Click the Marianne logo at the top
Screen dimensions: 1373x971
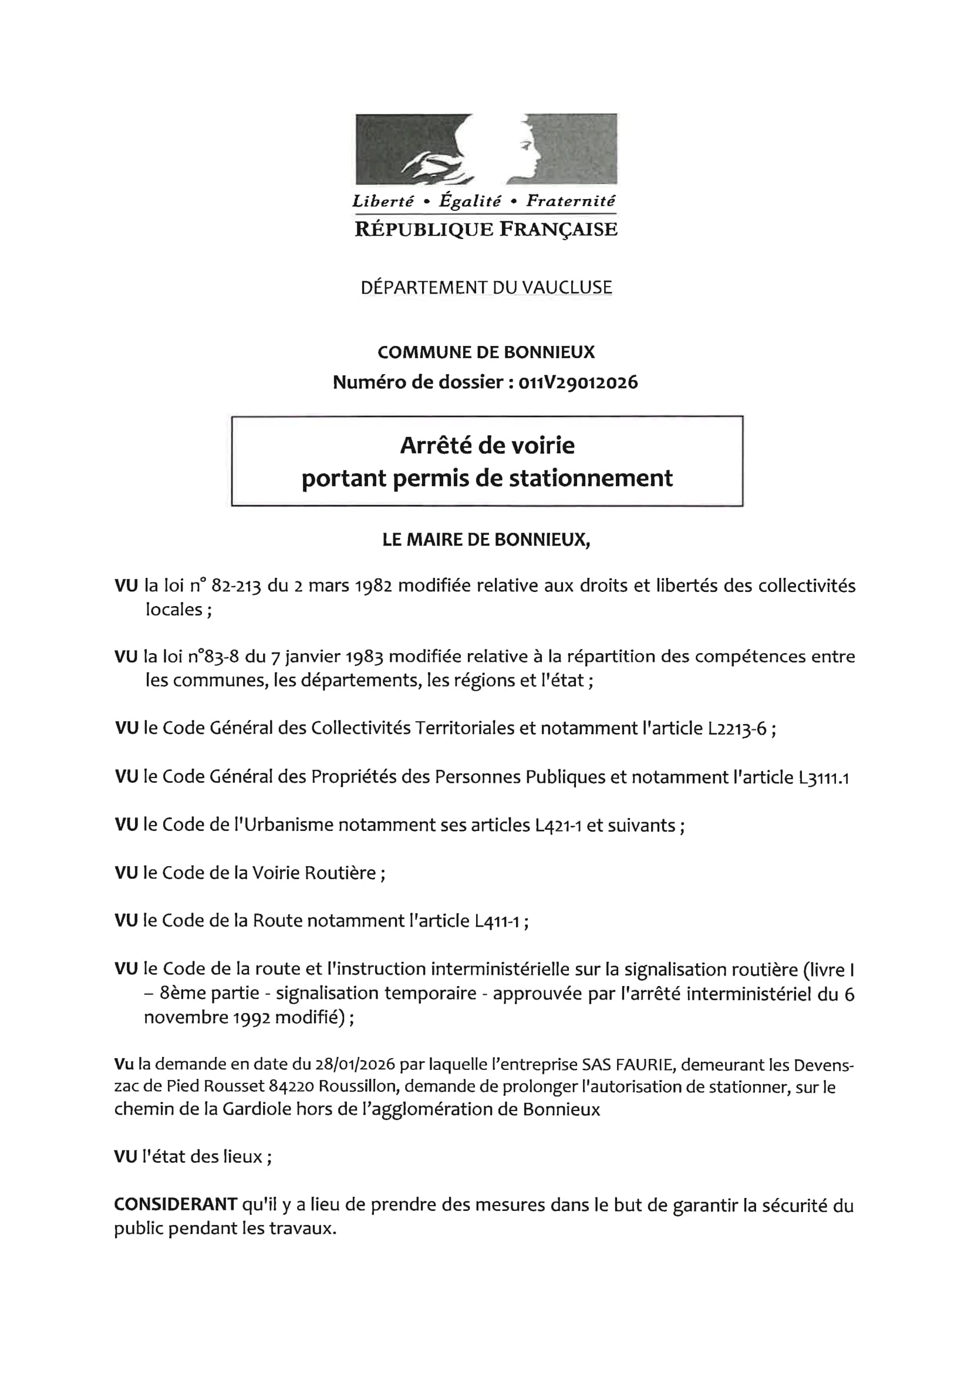click(x=486, y=149)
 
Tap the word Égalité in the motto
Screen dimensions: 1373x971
click(x=470, y=201)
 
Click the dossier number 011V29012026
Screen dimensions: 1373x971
click(x=578, y=382)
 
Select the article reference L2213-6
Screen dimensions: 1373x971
click(x=737, y=729)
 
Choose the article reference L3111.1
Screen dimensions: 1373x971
click(x=822, y=778)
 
